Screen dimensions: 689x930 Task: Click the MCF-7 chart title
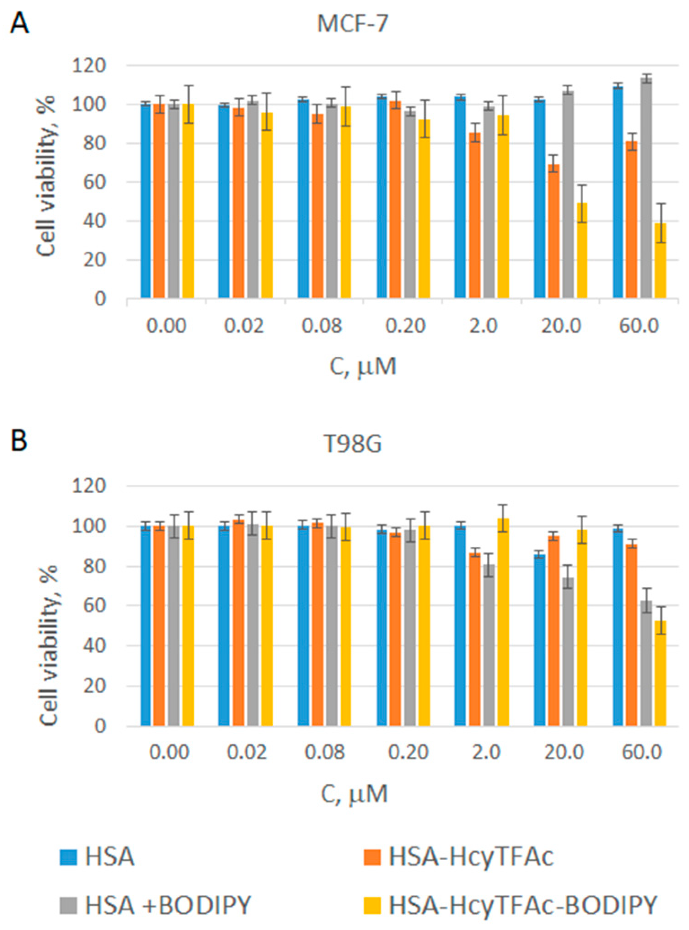coord(352,24)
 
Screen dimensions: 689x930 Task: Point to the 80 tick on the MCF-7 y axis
coord(96,143)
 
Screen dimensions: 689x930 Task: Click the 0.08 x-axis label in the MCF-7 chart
coord(322,325)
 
